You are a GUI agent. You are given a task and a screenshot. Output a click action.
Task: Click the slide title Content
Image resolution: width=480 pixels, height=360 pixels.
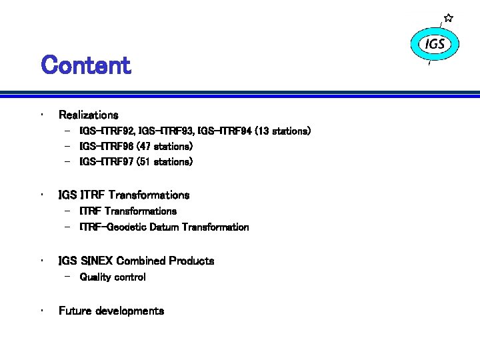[85, 65]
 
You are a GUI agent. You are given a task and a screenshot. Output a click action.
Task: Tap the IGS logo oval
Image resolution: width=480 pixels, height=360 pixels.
[435, 45]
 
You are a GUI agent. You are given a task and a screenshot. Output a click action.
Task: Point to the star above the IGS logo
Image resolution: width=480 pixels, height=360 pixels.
[449, 17]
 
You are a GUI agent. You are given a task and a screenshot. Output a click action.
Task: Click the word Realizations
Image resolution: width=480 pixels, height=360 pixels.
[88, 115]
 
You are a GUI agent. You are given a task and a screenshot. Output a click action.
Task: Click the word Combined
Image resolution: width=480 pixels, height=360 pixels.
[141, 261]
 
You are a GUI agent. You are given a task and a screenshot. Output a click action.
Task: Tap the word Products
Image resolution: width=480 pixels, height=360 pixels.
[191, 261]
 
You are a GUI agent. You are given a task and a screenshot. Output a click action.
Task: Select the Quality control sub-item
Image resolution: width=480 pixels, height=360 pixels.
[112, 277]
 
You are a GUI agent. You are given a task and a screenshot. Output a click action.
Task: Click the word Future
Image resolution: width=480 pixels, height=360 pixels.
[75, 311]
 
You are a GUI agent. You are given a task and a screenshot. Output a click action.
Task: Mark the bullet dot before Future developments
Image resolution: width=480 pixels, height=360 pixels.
[42, 310]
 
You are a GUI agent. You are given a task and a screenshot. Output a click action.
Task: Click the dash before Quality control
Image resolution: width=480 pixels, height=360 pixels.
[69, 277]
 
